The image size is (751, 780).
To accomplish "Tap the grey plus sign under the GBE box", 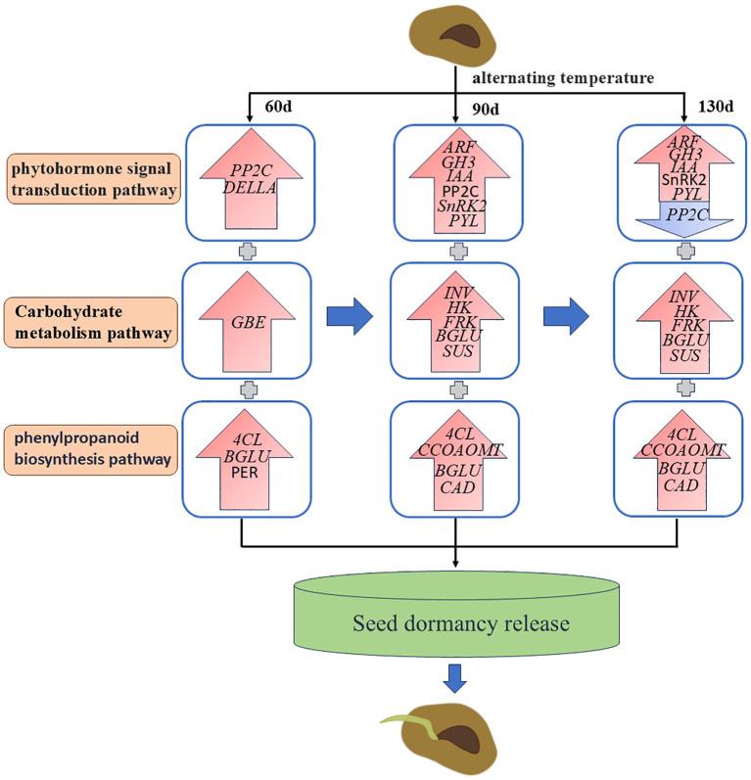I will pyautogui.click(x=245, y=389).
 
